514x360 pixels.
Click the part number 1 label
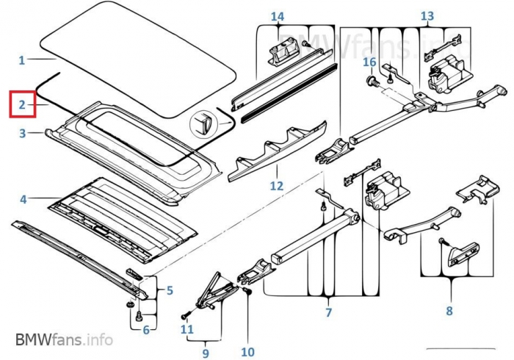click(22, 60)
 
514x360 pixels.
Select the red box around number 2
click(22, 105)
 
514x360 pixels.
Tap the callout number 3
click(22, 133)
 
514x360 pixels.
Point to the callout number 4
click(23, 198)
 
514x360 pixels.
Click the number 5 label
click(170, 290)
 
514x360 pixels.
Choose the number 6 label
click(145, 330)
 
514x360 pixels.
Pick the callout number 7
click(328, 312)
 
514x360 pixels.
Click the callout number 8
click(449, 311)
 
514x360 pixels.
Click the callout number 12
click(276, 186)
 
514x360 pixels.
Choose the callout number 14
click(277, 16)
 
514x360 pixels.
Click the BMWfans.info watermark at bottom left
click(64, 339)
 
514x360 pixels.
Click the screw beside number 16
click(372, 81)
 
